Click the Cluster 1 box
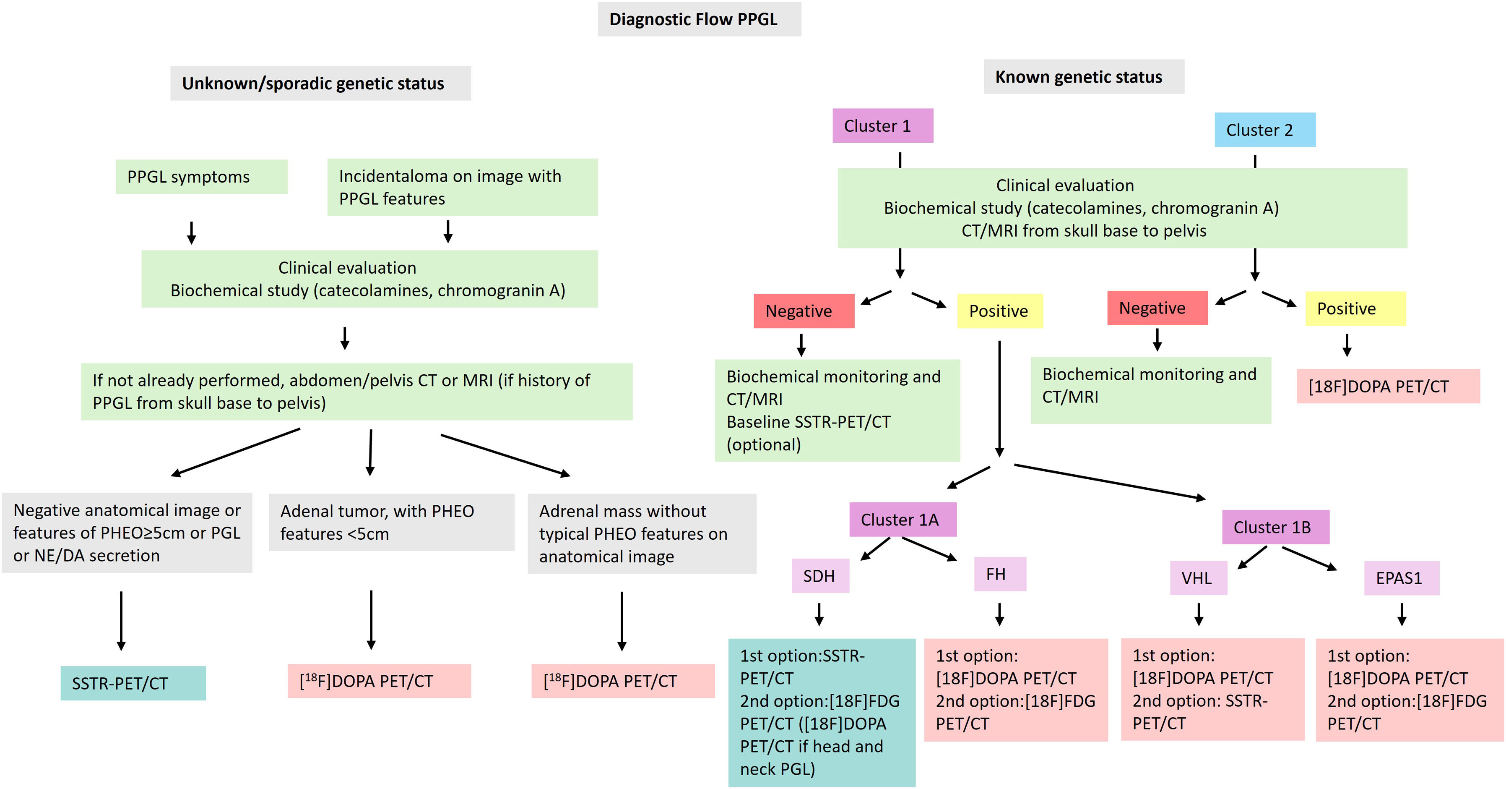pos(882,126)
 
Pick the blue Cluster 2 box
pos(1264,130)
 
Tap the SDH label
pos(819,576)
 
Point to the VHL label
pos(1198,578)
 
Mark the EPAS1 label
pos(1401,578)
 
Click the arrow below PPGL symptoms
pos(191,232)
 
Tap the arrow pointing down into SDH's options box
pos(819,614)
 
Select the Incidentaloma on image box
pos(462,187)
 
